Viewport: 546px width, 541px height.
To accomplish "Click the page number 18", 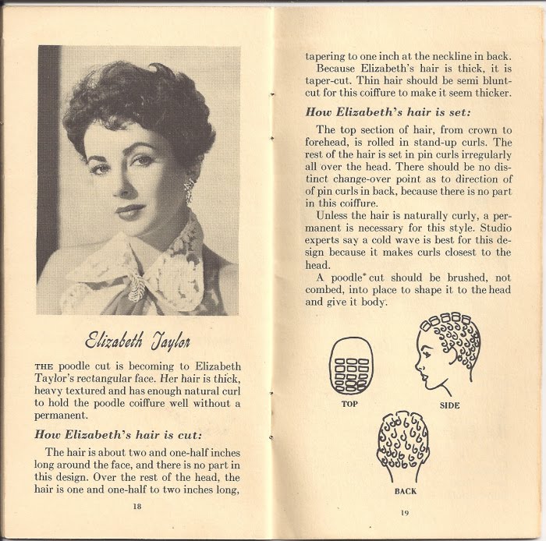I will [136, 505].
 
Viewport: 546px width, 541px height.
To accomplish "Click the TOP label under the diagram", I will [349, 404].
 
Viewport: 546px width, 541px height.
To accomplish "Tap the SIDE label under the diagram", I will [449, 405].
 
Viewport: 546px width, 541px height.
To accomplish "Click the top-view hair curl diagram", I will [349, 366].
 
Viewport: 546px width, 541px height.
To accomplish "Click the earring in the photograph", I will [188, 189].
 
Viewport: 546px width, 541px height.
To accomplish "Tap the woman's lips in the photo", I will [130, 210].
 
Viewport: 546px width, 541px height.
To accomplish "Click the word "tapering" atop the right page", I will [328, 55].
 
